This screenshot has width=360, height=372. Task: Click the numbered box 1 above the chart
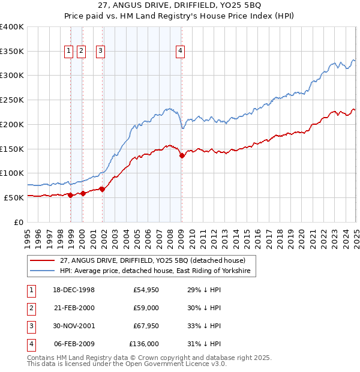[x=70, y=52]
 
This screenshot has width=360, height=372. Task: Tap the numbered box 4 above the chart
[x=180, y=52]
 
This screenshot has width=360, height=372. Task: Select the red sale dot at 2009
[x=182, y=155]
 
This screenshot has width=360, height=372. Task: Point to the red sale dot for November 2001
[x=103, y=189]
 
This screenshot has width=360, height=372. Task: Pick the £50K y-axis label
[x=14, y=197]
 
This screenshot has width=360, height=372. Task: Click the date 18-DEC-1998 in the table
[x=74, y=290]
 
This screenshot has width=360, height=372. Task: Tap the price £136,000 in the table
[x=144, y=344]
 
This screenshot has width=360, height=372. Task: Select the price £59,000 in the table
[x=146, y=308]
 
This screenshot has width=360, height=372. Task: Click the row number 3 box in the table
[x=29, y=326]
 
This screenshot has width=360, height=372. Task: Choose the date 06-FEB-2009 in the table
[x=74, y=344]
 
